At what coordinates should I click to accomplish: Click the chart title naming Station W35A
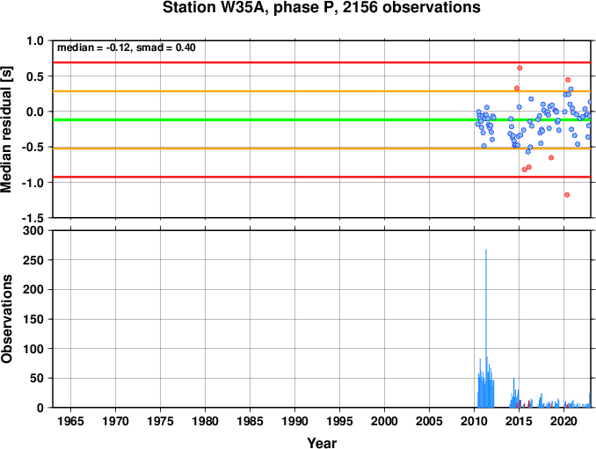pos(321,7)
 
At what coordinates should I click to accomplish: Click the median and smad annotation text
pos(127,47)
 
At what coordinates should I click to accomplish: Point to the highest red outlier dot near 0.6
pos(520,68)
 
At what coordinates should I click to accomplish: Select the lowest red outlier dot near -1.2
pos(567,195)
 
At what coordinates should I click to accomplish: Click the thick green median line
pos(322,120)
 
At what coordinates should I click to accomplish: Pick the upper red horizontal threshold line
pos(322,62)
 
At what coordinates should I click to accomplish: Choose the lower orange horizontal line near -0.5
pos(322,148)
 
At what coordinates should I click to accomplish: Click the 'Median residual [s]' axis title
pos(6,129)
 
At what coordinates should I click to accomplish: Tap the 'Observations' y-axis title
pos(6,319)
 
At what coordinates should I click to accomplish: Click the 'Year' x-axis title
pos(322,443)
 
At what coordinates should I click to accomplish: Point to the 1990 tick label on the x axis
pos(295,421)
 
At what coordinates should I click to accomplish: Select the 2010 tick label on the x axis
pos(474,421)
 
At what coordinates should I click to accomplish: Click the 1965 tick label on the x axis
pos(70,421)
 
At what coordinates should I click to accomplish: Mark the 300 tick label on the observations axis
pos(33,230)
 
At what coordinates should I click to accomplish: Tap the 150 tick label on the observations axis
pos(33,319)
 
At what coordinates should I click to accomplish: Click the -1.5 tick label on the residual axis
pos(33,218)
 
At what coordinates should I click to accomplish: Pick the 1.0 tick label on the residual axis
pos(35,40)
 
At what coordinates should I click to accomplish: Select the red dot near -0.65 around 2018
pos(551,157)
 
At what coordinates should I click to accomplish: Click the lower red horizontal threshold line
pos(322,177)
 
